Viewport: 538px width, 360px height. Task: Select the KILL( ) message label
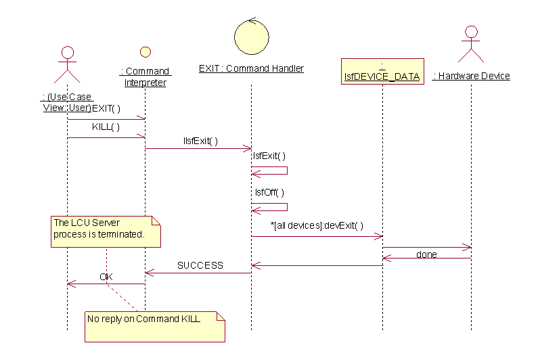coord(106,127)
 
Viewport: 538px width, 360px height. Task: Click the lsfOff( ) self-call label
coord(269,192)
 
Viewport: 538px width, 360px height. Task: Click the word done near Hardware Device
coord(426,254)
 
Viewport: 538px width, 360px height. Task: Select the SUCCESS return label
coord(200,265)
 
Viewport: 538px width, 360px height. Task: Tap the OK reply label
coord(106,277)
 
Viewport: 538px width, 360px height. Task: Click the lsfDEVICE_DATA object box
coord(382,71)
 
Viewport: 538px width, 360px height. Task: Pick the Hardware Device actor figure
coord(471,45)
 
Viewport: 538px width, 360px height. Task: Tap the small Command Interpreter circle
coord(145,51)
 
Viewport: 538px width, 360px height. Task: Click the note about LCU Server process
coord(106,231)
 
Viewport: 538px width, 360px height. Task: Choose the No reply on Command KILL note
coord(154,325)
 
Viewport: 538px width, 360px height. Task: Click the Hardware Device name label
coord(471,76)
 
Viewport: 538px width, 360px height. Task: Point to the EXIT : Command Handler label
coord(251,68)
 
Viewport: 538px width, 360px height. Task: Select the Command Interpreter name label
coord(145,76)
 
